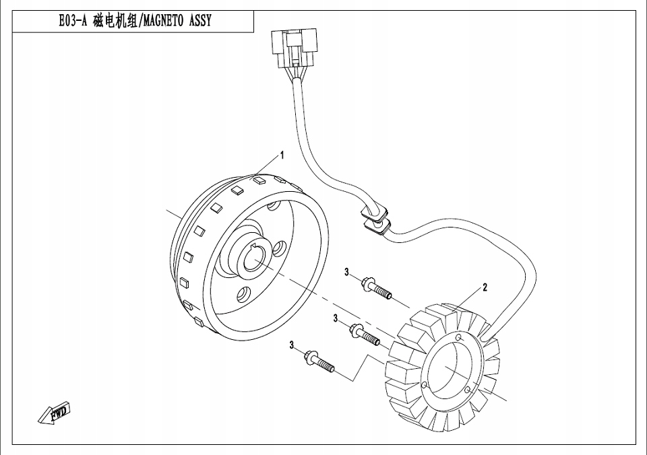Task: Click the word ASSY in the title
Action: [199, 21]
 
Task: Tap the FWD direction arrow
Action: [55, 413]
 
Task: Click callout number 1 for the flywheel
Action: [282, 155]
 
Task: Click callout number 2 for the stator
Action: [485, 287]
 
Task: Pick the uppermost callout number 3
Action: [347, 273]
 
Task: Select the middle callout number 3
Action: [335, 318]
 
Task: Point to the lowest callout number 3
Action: [292, 345]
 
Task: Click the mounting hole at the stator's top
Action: [458, 337]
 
